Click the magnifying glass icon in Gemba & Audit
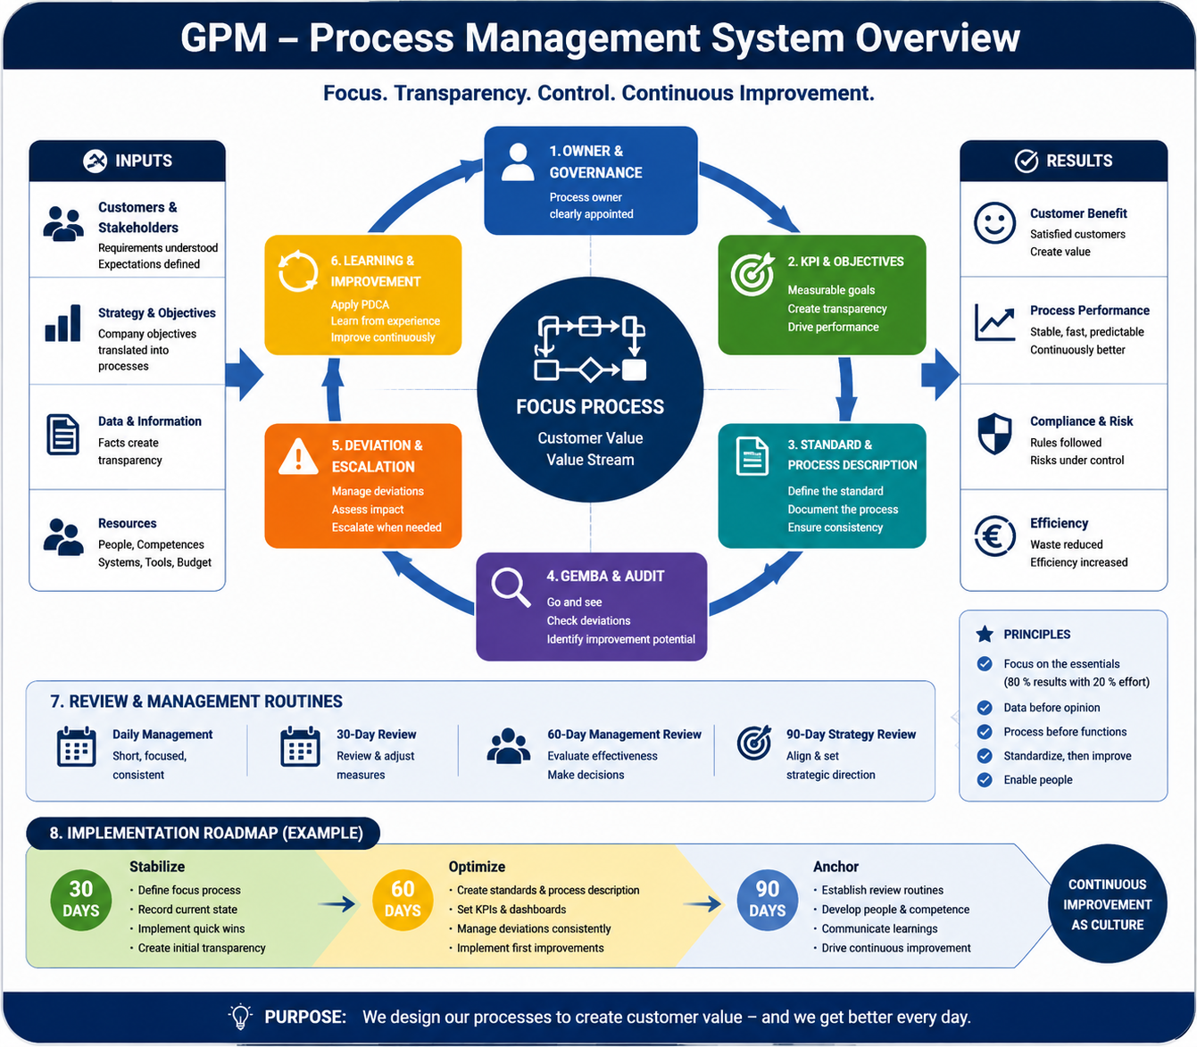tap(511, 586)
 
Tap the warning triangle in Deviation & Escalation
tap(298, 456)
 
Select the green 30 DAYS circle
tap(80, 900)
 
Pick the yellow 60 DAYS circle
tap(403, 900)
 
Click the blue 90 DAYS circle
tap(767, 900)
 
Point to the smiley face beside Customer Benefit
tap(994, 223)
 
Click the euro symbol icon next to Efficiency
tap(994, 536)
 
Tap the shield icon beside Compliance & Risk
tap(994, 434)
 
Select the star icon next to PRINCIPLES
tap(985, 634)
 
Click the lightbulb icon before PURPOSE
tap(240, 1017)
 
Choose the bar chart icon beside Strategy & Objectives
tap(62, 322)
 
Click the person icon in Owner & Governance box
tap(518, 162)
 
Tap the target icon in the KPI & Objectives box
tap(752, 274)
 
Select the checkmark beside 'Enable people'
tap(985, 780)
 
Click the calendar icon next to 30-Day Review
tap(300, 746)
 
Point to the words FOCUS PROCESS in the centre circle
tap(590, 406)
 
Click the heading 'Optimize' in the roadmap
tap(477, 867)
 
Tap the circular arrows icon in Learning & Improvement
tap(298, 271)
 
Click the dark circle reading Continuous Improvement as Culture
tap(1108, 903)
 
